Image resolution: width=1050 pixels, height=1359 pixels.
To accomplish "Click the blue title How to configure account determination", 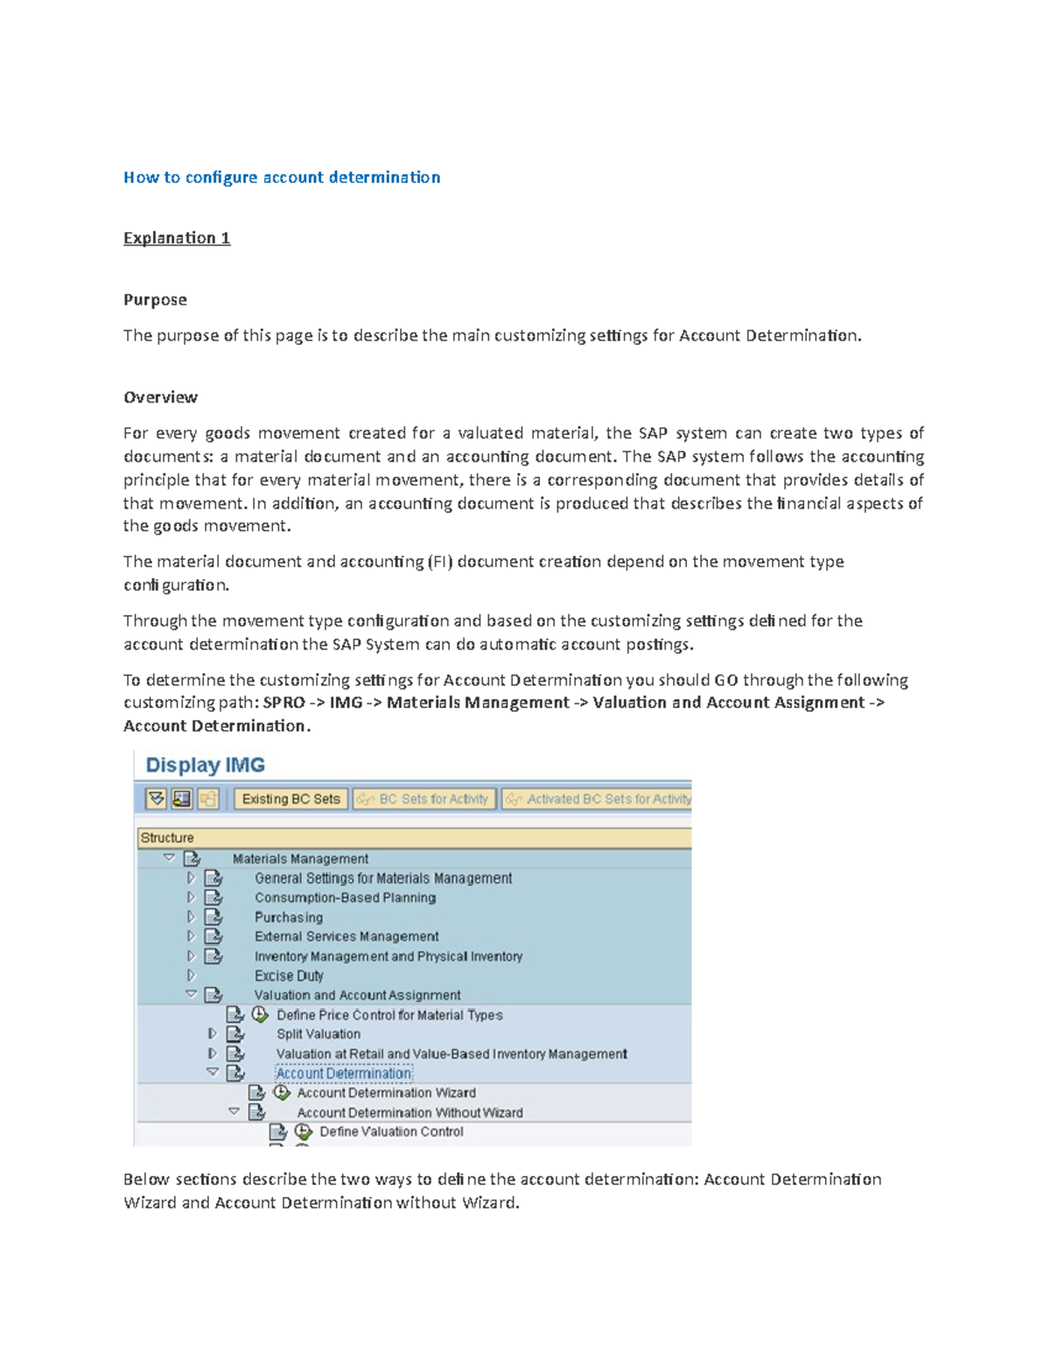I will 282,178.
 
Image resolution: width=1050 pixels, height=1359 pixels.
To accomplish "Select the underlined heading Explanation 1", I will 177,238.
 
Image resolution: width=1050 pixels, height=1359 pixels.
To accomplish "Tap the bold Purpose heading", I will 155,299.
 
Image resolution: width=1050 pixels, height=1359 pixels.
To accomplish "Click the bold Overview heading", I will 160,397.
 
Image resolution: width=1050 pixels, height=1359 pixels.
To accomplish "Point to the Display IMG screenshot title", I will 205,765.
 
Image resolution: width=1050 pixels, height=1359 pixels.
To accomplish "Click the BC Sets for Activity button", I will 424,799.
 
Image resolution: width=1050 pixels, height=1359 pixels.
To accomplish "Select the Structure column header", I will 167,837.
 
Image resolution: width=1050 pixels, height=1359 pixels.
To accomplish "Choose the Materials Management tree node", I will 300,858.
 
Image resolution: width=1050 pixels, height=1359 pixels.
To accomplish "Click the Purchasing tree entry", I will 289,917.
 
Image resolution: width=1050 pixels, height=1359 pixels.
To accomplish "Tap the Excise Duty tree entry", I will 289,976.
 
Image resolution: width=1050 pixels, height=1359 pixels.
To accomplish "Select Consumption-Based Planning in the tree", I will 345,898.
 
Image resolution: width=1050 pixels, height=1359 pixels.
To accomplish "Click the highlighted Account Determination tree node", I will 343,1074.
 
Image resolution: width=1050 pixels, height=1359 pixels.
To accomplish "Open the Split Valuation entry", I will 318,1034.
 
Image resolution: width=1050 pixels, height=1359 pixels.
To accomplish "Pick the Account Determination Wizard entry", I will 386,1093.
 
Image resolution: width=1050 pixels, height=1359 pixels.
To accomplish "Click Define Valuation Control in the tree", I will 391,1131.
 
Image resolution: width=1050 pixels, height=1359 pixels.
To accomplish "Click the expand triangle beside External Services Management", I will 191,936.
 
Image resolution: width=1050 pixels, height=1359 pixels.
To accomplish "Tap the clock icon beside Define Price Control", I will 260,1014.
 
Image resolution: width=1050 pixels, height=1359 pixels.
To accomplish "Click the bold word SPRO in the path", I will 283,703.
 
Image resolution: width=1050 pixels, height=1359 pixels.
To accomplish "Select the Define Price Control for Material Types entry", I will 389,1015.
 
